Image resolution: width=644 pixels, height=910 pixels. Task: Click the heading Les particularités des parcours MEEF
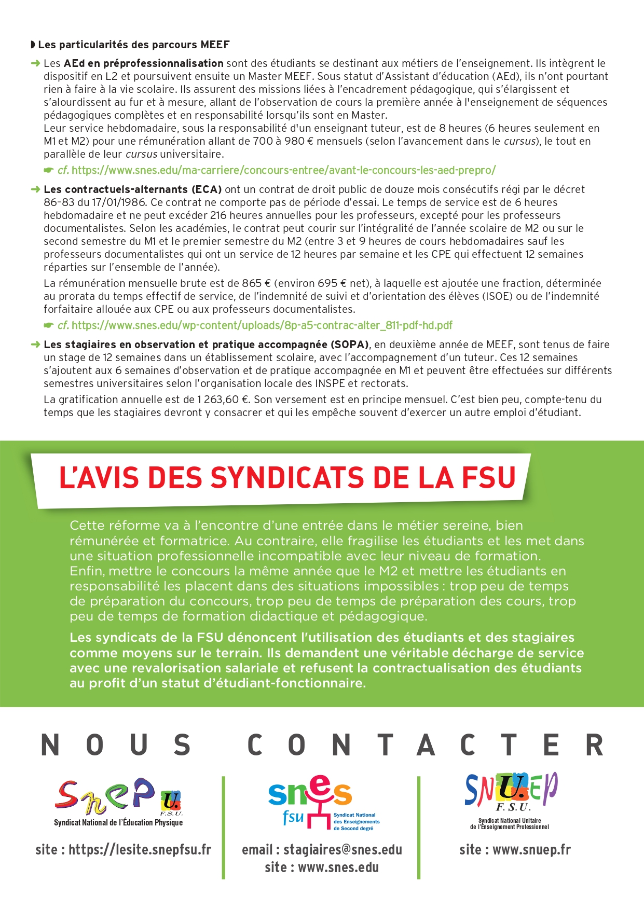point(133,45)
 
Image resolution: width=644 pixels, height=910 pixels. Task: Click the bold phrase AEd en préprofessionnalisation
point(144,63)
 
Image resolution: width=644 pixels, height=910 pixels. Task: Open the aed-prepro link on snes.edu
point(283,170)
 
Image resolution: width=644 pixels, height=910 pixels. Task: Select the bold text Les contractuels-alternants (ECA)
point(133,189)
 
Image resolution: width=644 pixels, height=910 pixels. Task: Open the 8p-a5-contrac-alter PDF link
point(262,325)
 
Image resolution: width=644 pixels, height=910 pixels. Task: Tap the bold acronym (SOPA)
point(350,344)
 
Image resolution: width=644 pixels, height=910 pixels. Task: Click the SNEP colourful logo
point(118,796)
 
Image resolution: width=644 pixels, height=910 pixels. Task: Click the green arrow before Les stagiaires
point(35,344)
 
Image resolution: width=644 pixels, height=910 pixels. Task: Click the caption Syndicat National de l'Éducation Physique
point(118,822)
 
